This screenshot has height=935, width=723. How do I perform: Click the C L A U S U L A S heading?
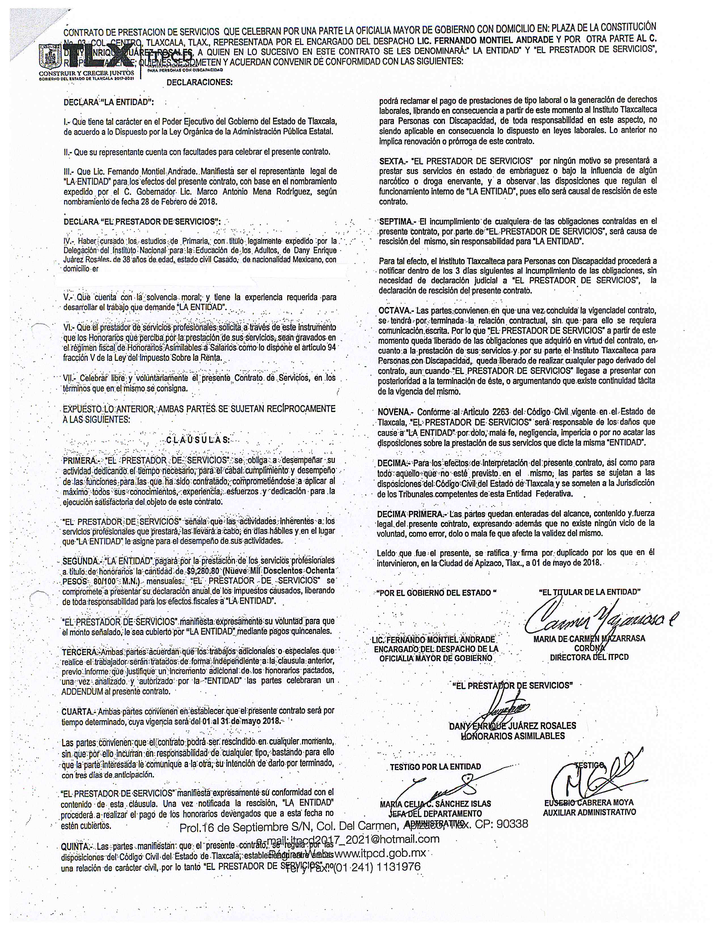tap(197, 440)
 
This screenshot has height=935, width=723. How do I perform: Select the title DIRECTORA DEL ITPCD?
tap(589, 657)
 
